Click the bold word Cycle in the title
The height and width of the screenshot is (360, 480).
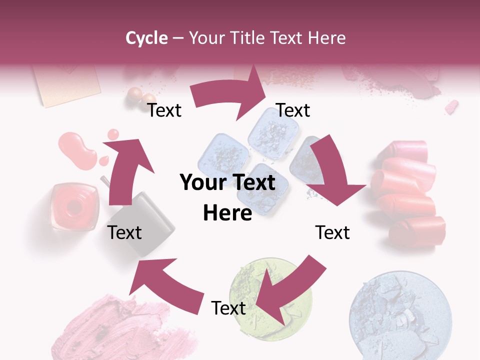point(146,38)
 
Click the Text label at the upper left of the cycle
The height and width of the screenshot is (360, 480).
point(164,110)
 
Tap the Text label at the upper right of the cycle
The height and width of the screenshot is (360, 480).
point(293,110)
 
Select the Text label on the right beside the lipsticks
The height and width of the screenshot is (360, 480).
point(332,232)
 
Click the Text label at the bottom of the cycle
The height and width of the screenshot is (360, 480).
point(228,308)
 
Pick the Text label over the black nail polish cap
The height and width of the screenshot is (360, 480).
point(124,232)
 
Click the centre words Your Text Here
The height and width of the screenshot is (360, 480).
point(227,197)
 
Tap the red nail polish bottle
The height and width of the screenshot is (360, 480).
point(73,206)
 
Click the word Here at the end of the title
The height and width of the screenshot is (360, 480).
point(328,38)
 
